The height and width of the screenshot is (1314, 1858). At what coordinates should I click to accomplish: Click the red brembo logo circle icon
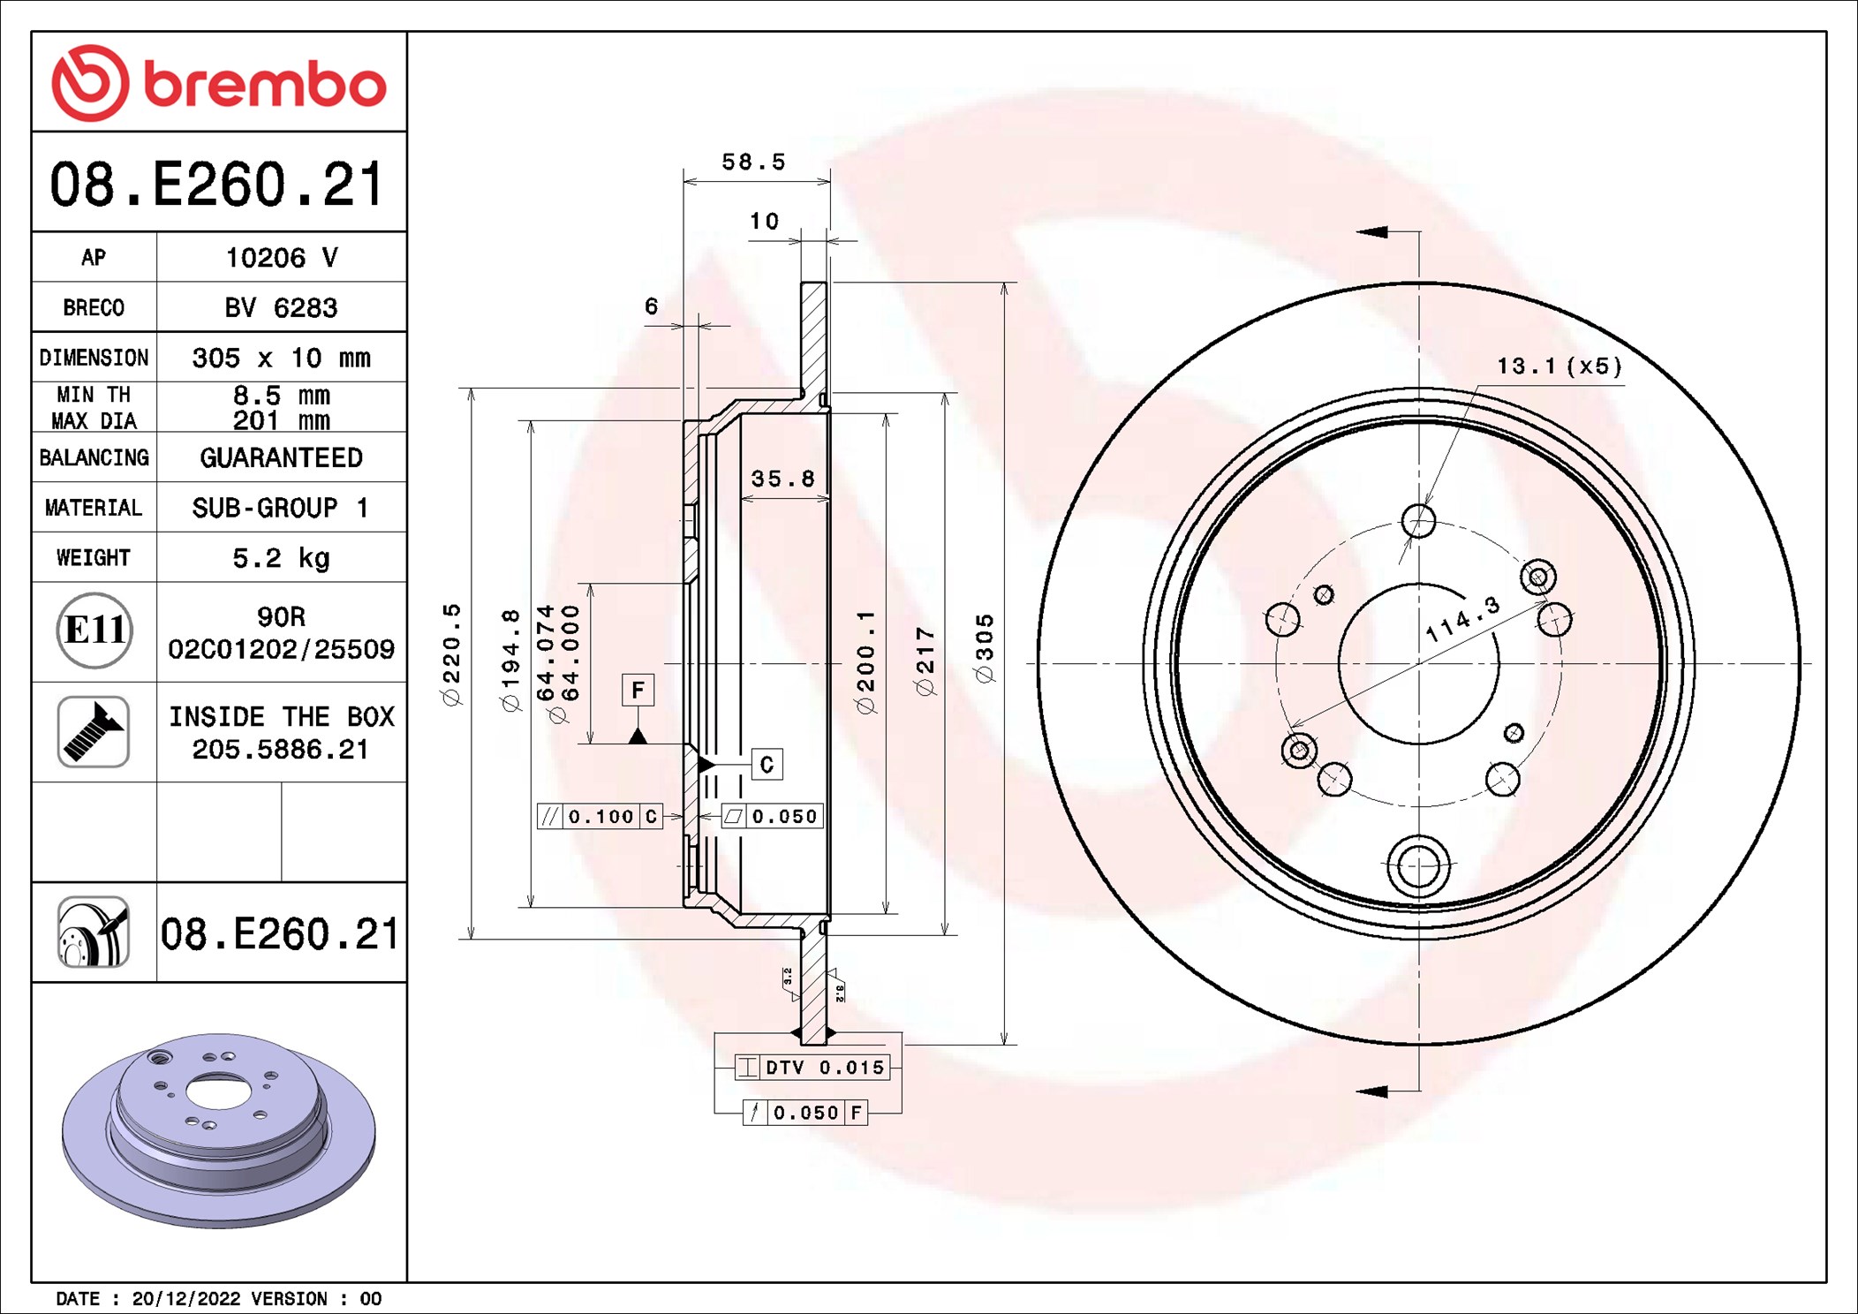click(x=90, y=83)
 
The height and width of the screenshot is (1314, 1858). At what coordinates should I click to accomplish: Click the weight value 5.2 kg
click(x=281, y=558)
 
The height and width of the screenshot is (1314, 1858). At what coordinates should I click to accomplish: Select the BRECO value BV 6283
click(x=281, y=307)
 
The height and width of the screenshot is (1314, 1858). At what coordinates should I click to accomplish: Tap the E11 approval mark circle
click(x=94, y=631)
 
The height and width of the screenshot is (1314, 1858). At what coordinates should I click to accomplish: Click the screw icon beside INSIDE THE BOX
click(x=94, y=731)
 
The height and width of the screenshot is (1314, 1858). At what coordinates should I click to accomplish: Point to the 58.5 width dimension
click(x=753, y=162)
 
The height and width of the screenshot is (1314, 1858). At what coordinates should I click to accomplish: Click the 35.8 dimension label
click(x=782, y=479)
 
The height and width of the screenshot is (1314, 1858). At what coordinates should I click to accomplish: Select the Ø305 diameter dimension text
click(x=985, y=648)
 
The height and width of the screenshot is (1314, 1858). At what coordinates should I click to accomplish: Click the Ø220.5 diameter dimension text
click(x=451, y=654)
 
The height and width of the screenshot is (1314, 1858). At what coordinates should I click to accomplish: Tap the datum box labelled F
click(x=638, y=690)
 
